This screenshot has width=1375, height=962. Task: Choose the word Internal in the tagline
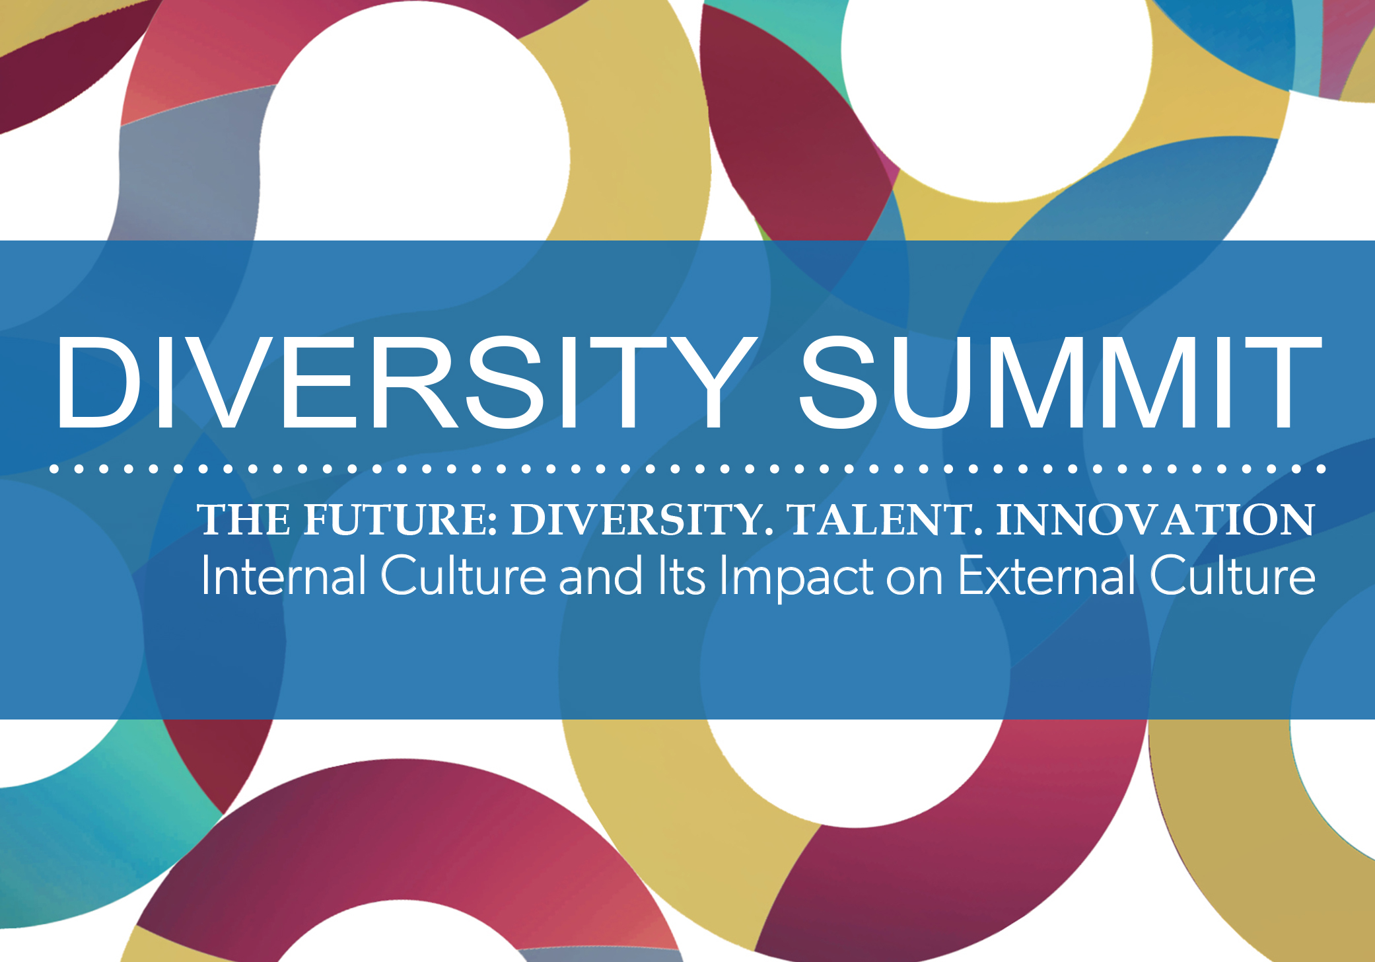tap(283, 575)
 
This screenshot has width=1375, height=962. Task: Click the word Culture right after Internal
tap(464, 575)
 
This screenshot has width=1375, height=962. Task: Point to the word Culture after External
tap(1232, 575)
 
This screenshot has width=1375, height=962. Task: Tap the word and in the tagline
tap(600, 575)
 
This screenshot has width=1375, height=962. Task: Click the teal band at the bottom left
tap(99, 839)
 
